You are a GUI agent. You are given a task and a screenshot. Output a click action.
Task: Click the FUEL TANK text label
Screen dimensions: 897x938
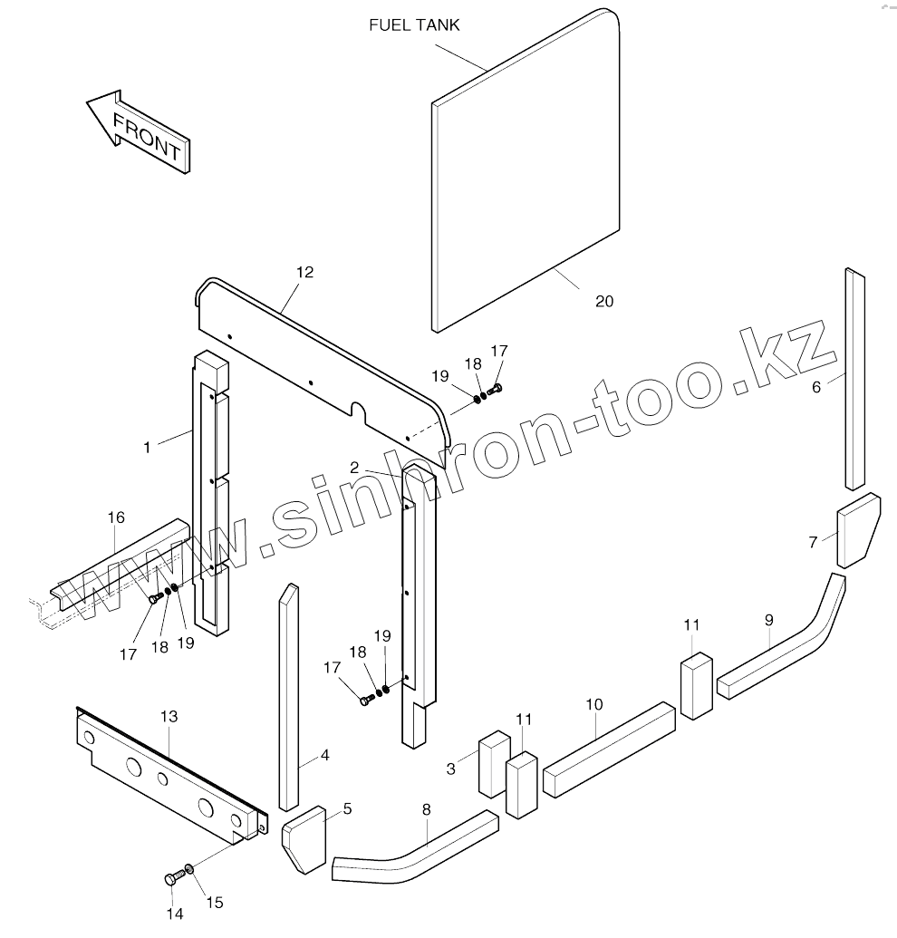click(414, 25)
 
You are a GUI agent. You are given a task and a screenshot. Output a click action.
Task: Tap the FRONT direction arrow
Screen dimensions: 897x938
click(138, 131)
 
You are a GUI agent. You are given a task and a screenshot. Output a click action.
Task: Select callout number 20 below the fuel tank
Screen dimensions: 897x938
click(604, 301)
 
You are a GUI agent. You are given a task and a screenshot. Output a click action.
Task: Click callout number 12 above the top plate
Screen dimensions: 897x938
click(304, 272)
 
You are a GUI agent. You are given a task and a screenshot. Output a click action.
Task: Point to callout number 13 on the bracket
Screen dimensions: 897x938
click(169, 716)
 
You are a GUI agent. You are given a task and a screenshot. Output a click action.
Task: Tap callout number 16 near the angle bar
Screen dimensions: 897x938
click(116, 517)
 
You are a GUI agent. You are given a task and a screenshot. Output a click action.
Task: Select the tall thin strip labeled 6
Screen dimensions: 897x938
click(854, 381)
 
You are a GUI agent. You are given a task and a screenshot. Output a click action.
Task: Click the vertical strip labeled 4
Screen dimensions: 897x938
click(289, 698)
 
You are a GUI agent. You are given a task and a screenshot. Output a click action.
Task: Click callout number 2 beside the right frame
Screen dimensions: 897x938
click(355, 468)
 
